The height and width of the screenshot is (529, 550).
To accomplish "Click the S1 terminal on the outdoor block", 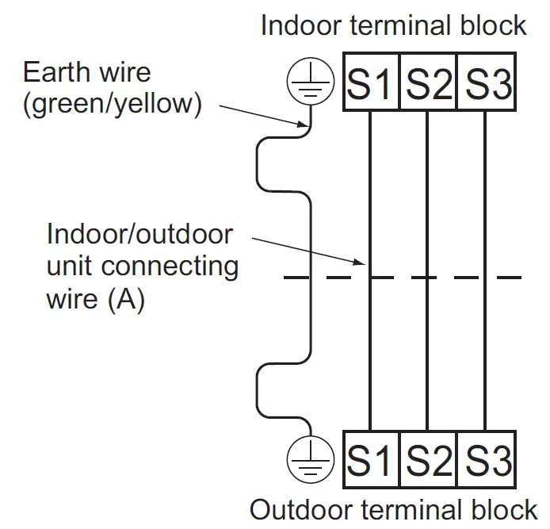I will point(370,461).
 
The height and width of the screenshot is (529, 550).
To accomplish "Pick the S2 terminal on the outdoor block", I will point(428,461).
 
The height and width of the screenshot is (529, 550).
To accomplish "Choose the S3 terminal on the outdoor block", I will point(487,461).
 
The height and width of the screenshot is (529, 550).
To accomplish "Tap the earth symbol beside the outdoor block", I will point(309,459).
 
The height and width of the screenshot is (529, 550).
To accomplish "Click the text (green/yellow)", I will point(111,103).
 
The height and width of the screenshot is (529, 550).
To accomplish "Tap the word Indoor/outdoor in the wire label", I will point(139,235).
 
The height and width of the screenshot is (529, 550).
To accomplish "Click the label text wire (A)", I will point(95,301).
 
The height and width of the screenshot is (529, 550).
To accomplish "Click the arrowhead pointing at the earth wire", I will point(304,125).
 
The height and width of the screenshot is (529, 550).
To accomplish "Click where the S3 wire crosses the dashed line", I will point(487,278).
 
